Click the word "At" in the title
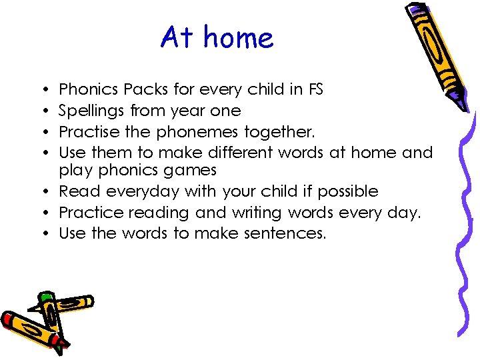point(177,38)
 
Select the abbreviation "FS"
point(314,89)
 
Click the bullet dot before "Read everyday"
point(50,192)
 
